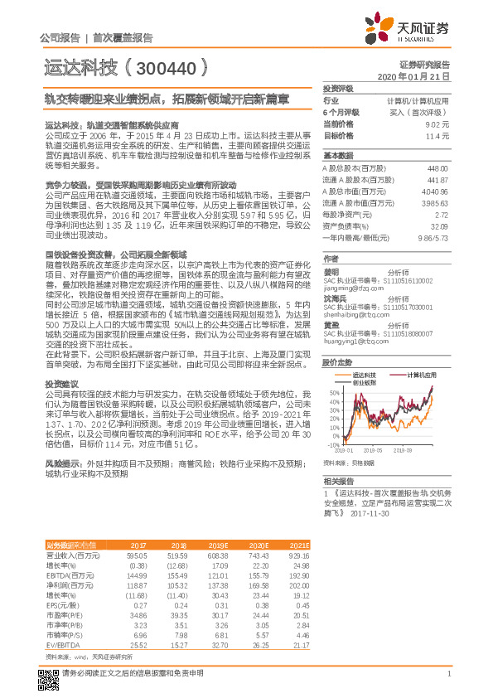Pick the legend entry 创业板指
tap(362, 382)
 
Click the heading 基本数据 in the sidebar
tap(337, 156)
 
